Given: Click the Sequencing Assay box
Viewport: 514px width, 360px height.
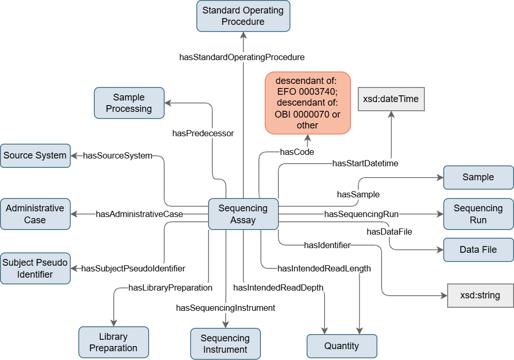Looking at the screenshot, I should pos(243,214).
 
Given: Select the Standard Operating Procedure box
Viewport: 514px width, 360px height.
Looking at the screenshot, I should pos(243,16).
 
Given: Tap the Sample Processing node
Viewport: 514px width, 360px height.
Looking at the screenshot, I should pos(129,103).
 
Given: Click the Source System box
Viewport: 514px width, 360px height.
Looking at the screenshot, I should pos(35,155).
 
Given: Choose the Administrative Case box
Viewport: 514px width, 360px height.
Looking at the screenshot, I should pos(35,214).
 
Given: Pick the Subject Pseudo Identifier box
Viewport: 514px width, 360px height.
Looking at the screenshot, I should pos(35,268).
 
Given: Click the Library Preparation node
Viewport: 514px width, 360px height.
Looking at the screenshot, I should pos(113,342).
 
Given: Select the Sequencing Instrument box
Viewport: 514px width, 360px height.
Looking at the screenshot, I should pos(225,343).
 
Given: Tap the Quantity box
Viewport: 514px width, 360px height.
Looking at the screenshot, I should pos(342,346).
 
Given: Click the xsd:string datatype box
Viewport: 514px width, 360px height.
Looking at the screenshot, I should pos(480,296).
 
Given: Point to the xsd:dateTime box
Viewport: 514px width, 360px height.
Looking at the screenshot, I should pos(391,98).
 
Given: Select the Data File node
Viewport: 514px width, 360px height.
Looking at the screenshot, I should pos(478,250).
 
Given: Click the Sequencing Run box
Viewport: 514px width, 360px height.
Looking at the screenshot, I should pos(478,214).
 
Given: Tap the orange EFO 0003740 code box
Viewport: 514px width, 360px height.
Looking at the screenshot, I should pos(307,103).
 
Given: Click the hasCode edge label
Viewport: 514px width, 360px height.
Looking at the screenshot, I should pos(297,152).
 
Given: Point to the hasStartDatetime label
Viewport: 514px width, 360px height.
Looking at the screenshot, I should pos(365,164).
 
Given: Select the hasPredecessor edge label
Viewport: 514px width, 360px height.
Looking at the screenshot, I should pos(203,133).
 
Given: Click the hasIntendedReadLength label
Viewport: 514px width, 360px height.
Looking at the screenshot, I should pos(324,268).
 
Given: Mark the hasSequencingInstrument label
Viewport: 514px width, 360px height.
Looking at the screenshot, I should pos(225,308).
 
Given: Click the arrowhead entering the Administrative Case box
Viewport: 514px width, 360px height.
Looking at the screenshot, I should pos(74,214).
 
